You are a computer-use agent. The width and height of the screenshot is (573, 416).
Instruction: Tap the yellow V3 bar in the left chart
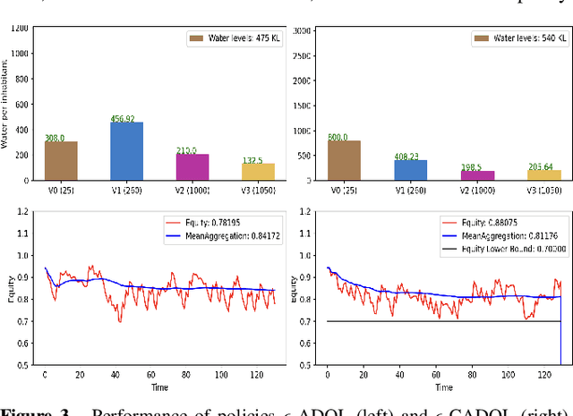pos(258,172)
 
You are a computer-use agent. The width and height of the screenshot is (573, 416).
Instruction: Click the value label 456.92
pos(126,117)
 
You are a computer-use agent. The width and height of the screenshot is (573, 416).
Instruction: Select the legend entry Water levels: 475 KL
pos(235,38)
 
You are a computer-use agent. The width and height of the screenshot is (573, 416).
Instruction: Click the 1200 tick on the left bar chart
pos(19,28)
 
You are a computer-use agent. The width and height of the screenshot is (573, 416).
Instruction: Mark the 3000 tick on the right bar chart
pos(302,30)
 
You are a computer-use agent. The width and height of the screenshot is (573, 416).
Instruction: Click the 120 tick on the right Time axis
pos(546,373)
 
